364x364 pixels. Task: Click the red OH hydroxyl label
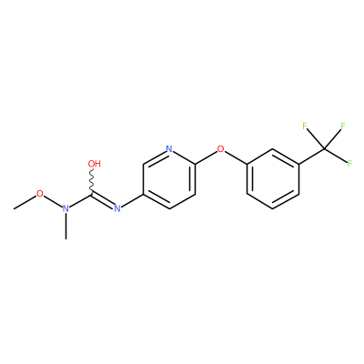click(x=95, y=164)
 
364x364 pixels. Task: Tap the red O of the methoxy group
click(x=40, y=194)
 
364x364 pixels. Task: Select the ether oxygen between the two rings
click(x=221, y=149)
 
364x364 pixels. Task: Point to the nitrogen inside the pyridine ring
click(x=169, y=149)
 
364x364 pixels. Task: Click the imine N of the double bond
click(x=117, y=208)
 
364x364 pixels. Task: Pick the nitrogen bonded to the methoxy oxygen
click(x=66, y=208)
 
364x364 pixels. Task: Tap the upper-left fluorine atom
click(x=305, y=126)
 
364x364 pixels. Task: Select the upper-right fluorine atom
click(x=343, y=126)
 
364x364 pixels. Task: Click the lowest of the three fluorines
click(x=349, y=164)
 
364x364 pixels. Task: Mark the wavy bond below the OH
click(x=92, y=181)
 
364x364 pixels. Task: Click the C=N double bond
click(x=102, y=200)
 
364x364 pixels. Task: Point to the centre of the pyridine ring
click(x=169, y=178)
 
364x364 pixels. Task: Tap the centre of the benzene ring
click(x=273, y=178)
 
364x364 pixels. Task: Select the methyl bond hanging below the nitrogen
click(x=66, y=226)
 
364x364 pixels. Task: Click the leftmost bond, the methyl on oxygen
click(x=25, y=202)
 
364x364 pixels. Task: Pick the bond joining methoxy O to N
click(x=53, y=201)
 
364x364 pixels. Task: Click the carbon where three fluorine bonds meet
click(x=325, y=149)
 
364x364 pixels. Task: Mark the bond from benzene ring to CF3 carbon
click(x=312, y=157)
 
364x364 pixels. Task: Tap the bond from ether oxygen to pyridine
click(x=207, y=157)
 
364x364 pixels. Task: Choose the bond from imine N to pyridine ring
click(x=132, y=200)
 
